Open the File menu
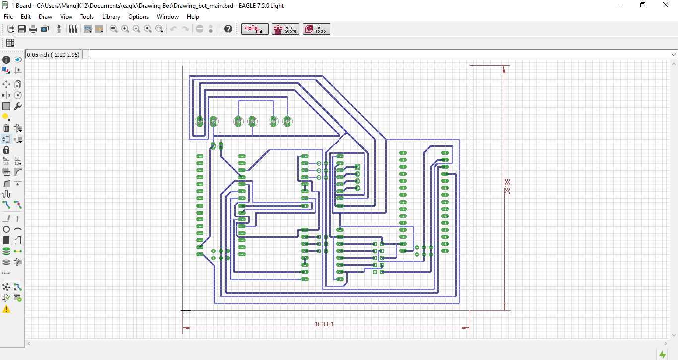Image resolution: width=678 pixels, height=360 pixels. click(8, 17)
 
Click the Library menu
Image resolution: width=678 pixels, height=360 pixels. click(111, 17)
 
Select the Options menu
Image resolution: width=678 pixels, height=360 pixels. click(138, 17)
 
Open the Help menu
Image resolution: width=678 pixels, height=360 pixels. click(193, 17)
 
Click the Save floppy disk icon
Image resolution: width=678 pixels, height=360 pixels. click(22, 29)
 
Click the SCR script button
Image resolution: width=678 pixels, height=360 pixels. click(88, 29)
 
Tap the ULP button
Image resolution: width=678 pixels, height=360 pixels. click(99, 29)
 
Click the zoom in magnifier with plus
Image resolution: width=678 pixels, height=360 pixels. click(125, 29)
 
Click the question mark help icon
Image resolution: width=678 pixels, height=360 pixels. click(228, 29)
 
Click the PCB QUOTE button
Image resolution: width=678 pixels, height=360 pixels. click(285, 29)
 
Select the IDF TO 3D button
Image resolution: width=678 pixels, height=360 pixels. click(316, 29)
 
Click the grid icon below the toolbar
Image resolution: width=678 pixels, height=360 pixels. click(10, 43)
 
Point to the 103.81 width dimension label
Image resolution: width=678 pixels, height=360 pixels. click(324, 324)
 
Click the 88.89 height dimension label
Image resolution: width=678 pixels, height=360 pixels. click(507, 187)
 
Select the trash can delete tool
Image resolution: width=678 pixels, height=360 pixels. click(6, 128)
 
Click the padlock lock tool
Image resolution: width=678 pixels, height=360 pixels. click(6, 150)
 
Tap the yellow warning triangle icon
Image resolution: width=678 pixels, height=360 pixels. click(6, 309)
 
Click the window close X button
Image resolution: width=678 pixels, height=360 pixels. click(666, 5)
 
